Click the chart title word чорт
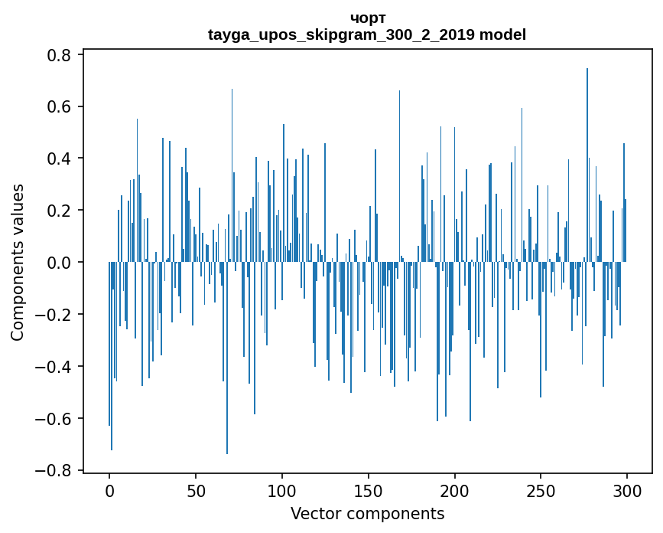pyautogui.click(x=367, y=18)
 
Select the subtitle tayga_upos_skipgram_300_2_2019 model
pyautogui.click(x=367, y=34)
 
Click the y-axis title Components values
pyautogui.click(x=18, y=262)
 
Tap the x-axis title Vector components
pyautogui.click(x=367, y=513)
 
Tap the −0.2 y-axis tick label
pyautogui.click(x=56, y=315)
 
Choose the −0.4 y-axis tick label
pyautogui.click(x=56, y=367)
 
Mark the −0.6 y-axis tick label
pyautogui.click(x=56, y=419)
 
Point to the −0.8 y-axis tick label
pyautogui.click(x=56, y=470)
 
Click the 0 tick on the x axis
pyautogui.click(x=109, y=489)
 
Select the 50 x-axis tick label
pyautogui.click(x=196, y=489)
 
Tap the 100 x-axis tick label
pyautogui.click(x=282, y=489)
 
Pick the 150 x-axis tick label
pyautogui.click(x=369, y=489)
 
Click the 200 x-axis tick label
pyautogui.click(x=455, y=489)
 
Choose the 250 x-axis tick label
pyautogui.click(x=541, y=489)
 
